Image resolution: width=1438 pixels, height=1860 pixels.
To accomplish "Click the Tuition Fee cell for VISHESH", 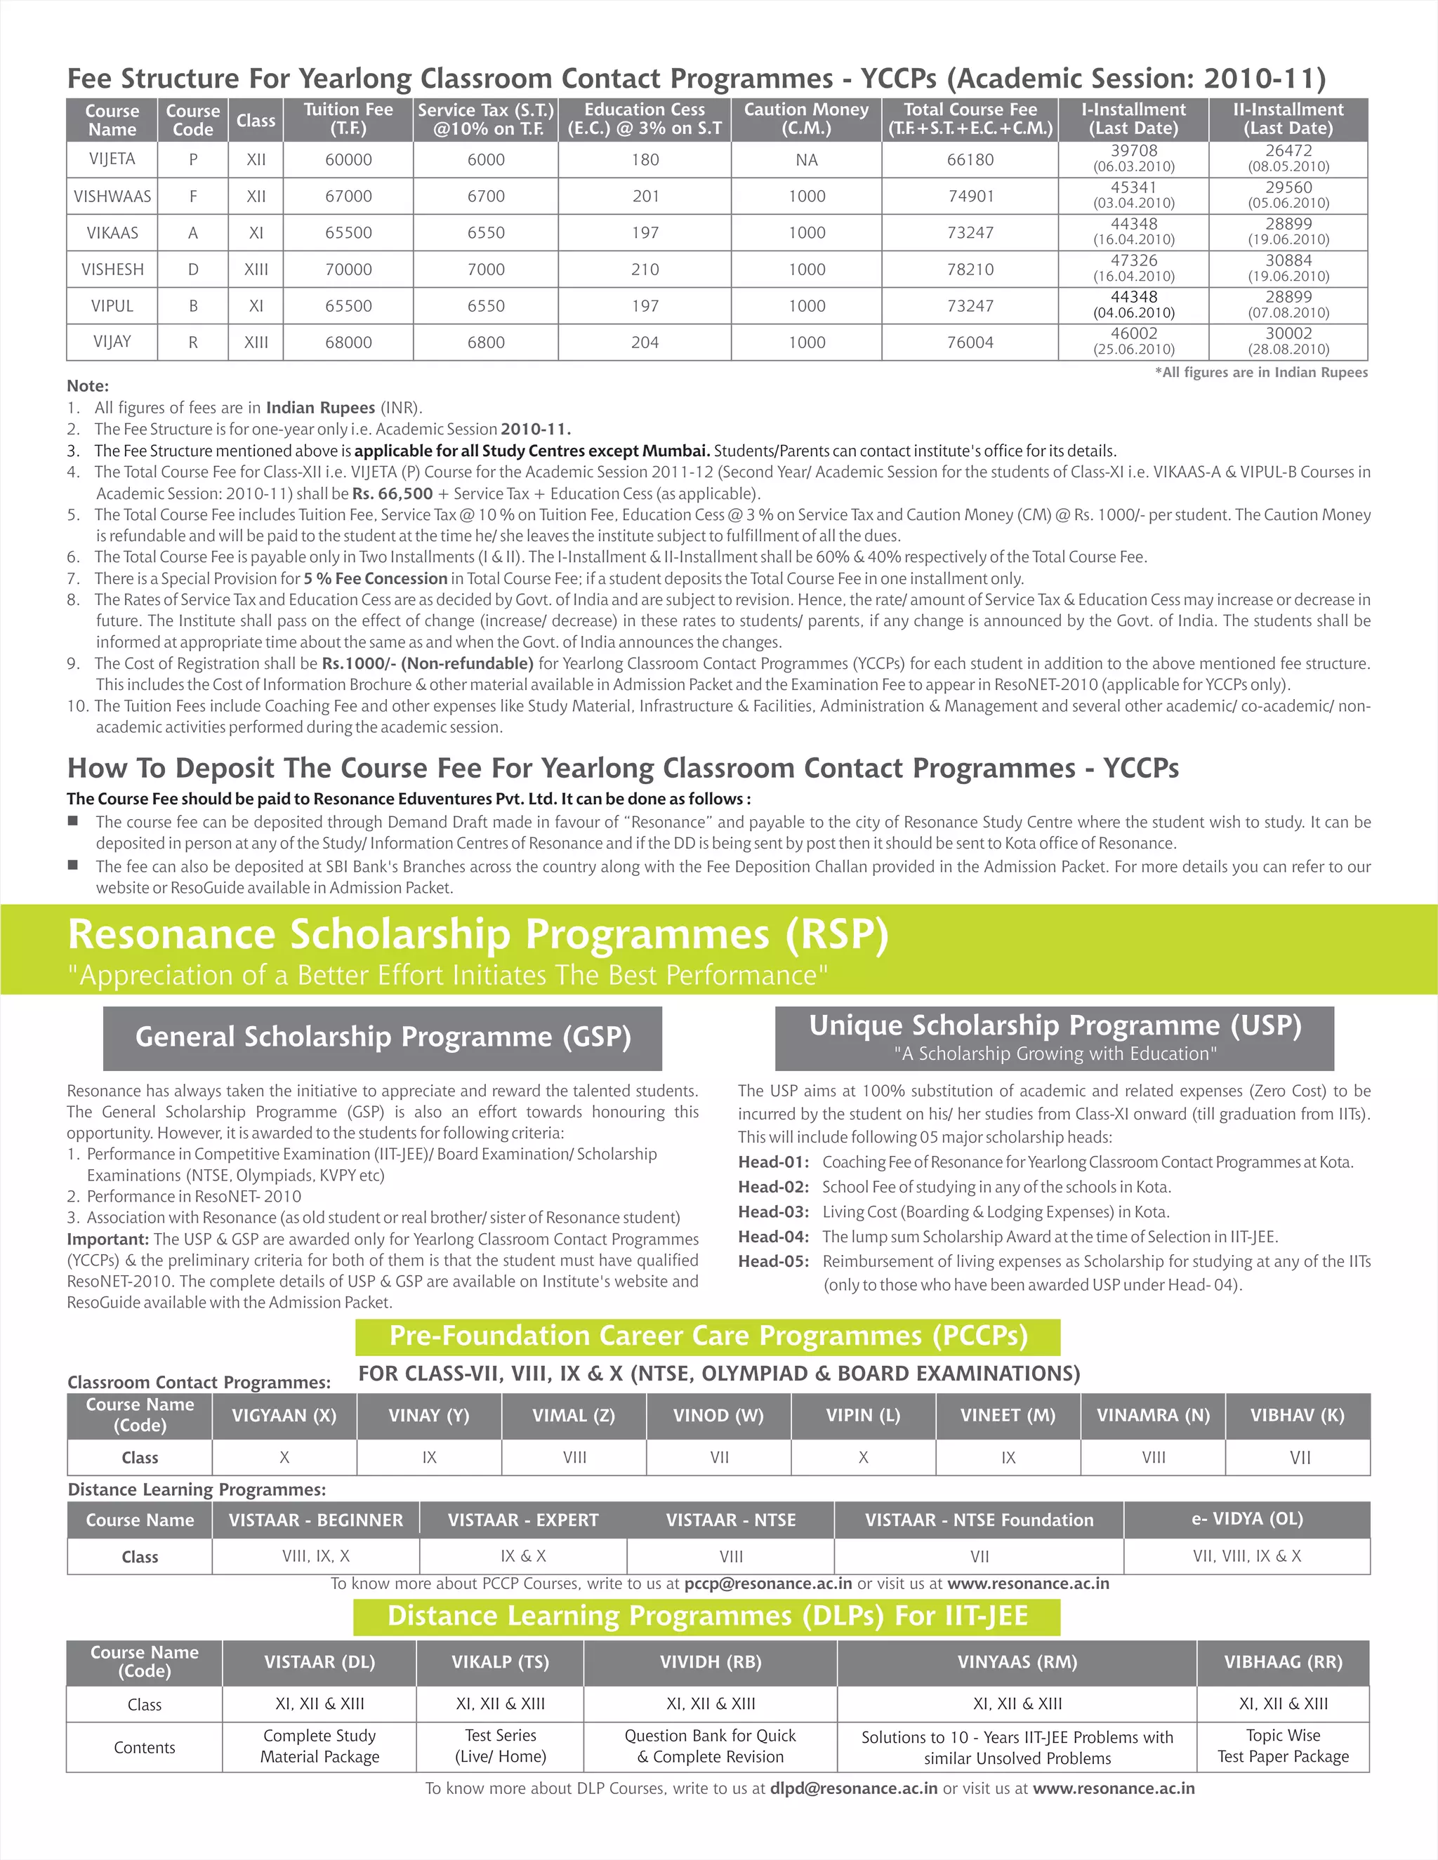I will (x=348, y=269).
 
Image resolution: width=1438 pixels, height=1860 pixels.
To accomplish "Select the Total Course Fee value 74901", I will (x=970, y=196).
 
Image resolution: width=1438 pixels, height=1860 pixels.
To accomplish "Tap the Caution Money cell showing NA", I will (x=806, y=160).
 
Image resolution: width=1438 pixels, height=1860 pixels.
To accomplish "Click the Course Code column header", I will (x=192, y=120).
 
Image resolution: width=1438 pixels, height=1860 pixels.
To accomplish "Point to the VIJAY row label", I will (x=112, y=342).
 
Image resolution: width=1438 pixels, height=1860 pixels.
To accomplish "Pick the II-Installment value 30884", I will (x=1288, y=260).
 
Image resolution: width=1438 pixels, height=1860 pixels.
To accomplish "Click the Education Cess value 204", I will (x=645, y=343).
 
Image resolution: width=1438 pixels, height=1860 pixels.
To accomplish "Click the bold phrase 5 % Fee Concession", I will (x=375, y=578).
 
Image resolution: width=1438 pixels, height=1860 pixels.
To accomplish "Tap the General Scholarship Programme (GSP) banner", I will (x=383, y=1037).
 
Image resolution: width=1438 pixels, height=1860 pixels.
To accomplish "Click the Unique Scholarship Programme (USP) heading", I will (x=1055, y=1026).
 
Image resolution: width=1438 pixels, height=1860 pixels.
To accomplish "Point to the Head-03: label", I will (x=772, y=1212).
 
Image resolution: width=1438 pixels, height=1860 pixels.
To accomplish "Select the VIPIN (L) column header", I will (x=862, y=1416).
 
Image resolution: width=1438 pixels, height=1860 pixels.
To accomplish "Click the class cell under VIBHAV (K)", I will (x=1298, y=1458).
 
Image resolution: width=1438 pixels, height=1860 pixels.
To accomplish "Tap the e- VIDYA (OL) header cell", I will (x=1246, y=1518).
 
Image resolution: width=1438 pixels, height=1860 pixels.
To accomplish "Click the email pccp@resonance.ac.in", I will (x=767, y=1583).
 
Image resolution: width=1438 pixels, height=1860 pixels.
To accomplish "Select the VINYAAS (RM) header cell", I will (x=1017, y=1661).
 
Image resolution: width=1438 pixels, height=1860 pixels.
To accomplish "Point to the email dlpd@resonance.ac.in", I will (x=854, y=1788).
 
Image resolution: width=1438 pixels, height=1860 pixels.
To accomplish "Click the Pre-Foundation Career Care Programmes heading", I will (x=708, y=1336).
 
